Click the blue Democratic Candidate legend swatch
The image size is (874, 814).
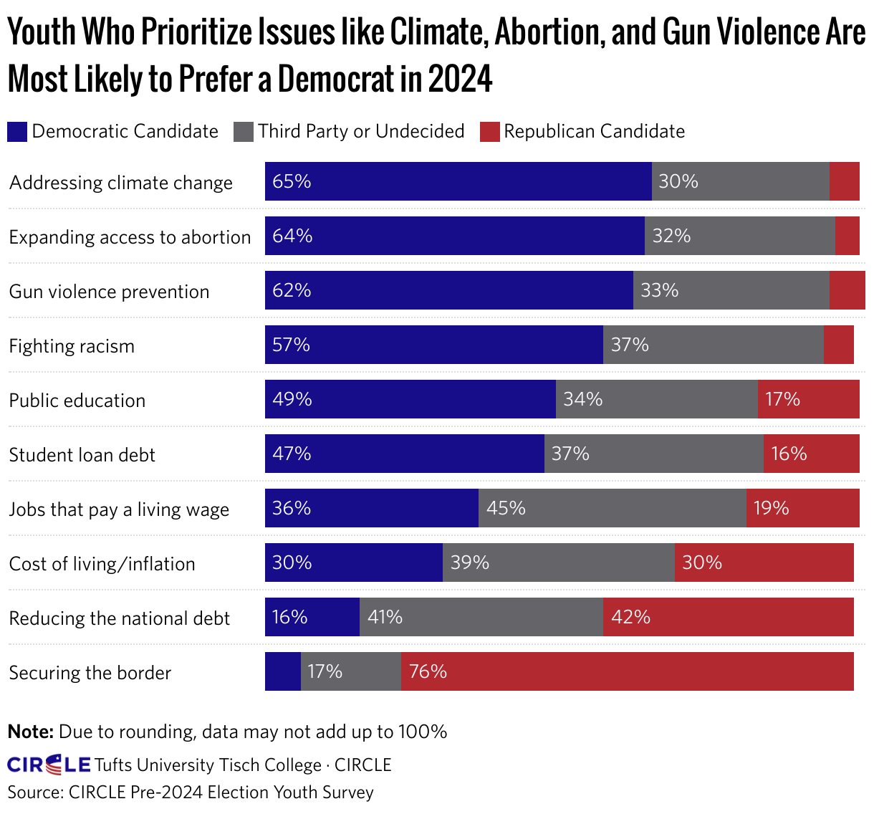pyautogui.click(x=17, y=132)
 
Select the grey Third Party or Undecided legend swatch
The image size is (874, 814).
pyautogui.click(x=244, y=132)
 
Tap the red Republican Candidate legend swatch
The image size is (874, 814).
pyautogui.click(x=489, y=132)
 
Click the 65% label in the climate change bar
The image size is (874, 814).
pyautogui.click(x=292, y=181)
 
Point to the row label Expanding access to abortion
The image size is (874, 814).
pyautogui.click(x=130, y=237)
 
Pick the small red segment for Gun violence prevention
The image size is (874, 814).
pyautogui.click(x=847, y=290)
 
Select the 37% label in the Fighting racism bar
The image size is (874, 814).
pyautogui.click(x=630, y=345)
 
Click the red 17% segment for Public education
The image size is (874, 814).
pyautogui.click(x=808, y=399)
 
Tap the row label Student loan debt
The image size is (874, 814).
pyautogui.click(x=82, y=455)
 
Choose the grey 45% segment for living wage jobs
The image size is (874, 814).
pyautogui.click(x=613, y=508)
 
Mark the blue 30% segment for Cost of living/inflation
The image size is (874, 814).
pyautogui.click(x=354, y=562)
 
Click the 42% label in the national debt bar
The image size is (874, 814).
pyautogui.click(x=630, y=617)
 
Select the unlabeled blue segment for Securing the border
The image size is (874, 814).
pyautogui.click(x=283, y=671)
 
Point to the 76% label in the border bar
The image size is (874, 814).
pyautogui.click(x=428, y=671)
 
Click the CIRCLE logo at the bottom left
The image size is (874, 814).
pyautogui.click(x=49, y=765)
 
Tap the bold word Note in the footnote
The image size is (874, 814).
pyautogui.click(x=30, y=732)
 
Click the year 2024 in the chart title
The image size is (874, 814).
pyautogui.click(x=461, y=79)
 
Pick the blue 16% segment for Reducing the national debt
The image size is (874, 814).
pyautogui.click(x=312, y=617)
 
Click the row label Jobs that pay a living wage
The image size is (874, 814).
pyautogui.click(x=119, y=509)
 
